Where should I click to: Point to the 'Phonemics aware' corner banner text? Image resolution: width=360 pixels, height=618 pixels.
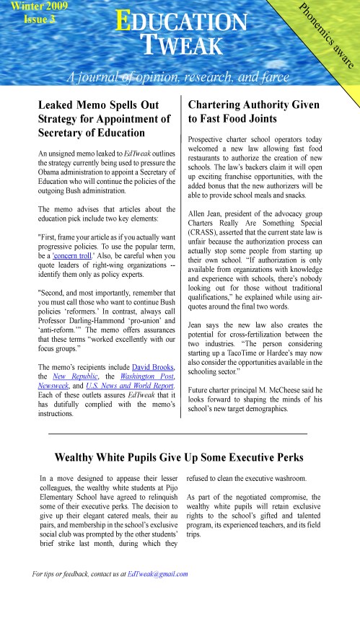(x=325, y=37)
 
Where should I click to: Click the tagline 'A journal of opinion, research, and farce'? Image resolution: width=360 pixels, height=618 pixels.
(x=180, y=77)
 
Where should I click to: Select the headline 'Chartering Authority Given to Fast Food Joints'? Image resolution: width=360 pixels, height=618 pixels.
(x=253, y=112)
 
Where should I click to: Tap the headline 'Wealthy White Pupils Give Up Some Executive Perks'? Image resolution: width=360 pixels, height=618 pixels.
(x=180, y=457)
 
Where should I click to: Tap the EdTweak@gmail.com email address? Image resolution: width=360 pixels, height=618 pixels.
(x=157, y=574)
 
